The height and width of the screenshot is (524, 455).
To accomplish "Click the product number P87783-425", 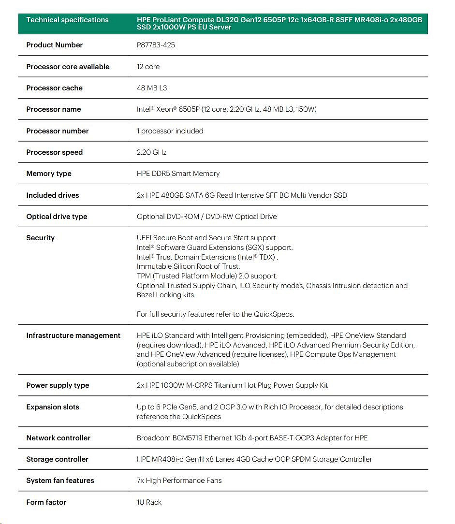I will [156, 45].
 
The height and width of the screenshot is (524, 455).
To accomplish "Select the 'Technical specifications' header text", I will [67, 20].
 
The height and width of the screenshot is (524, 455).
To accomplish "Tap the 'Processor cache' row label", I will [54, 88].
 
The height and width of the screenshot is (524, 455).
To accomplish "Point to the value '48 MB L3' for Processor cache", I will [152, 88].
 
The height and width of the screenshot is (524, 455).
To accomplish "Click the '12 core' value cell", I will [148, 67].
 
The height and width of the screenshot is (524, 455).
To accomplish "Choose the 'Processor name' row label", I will [53, 109].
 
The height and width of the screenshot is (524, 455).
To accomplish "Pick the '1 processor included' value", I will [170, 131].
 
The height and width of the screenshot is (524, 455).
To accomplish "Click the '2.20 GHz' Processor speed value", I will [151, 152].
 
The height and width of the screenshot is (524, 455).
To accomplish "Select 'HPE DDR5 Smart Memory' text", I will [178, 174].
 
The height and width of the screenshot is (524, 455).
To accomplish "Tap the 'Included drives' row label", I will [52, 195].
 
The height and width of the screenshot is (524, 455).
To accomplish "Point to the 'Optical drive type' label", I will [57, 217].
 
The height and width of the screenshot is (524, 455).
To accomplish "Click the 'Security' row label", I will [40, 238].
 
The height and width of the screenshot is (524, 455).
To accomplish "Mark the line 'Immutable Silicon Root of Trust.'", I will [188, 266].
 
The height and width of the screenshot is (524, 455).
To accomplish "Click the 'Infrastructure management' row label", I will [73, 335].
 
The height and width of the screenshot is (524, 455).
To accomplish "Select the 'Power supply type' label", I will [58, 385].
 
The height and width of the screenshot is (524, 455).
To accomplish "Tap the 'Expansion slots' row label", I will [52, 407].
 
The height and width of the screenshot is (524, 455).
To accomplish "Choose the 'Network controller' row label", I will [58, 438].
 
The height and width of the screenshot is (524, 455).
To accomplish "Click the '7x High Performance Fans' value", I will [179, 480].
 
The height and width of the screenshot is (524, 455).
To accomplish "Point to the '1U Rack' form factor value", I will [149, 502].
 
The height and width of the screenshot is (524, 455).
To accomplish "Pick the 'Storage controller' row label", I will [57, 459].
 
